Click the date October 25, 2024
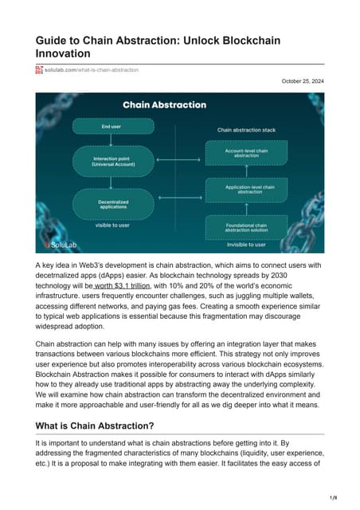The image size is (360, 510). pos(303,81)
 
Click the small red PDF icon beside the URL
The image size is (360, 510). pos(39,70)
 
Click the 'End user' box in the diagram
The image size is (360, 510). pos(111,126)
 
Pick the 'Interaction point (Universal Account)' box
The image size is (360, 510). pos(111,163)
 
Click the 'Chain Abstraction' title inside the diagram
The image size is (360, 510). pos(164,104)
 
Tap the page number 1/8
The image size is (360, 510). pos(343,496)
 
